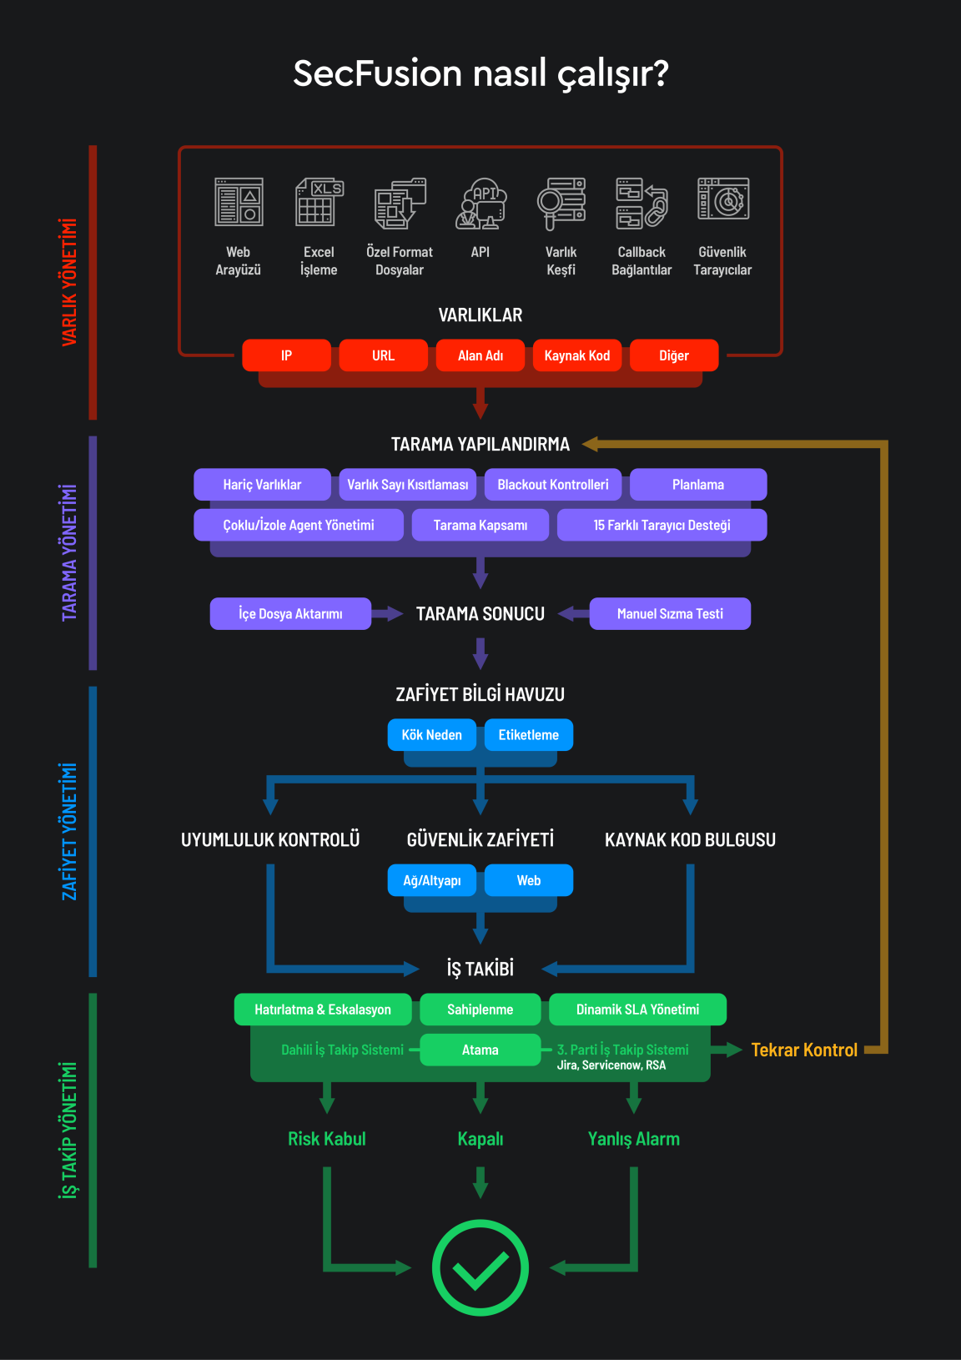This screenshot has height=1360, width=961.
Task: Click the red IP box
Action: (286, 355)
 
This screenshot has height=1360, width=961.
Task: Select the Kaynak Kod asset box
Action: (577, 355)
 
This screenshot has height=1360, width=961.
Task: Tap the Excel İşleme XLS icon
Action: (319, 202)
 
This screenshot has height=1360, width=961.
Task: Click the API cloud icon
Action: (480, 203)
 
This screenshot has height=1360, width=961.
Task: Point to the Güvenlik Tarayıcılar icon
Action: (722, 200)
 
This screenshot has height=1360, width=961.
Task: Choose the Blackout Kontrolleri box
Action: (553, 485)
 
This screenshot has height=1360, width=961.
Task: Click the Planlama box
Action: (698, 485)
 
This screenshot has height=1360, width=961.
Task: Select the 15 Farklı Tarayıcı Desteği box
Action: (662, 526)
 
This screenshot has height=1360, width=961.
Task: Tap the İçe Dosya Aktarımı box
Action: (290, 614)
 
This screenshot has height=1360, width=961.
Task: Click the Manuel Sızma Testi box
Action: (670, 614)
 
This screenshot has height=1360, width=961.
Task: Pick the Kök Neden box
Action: (431, 735)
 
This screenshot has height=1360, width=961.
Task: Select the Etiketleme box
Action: (529, 735)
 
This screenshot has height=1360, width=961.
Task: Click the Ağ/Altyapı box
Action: (431, 880)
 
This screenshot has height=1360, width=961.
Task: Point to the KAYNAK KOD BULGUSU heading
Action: (690, 840)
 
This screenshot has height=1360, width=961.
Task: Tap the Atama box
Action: (480, 1050)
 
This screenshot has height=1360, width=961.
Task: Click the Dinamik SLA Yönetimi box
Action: (637, 1010)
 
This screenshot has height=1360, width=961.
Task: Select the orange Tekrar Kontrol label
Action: (804, 1050)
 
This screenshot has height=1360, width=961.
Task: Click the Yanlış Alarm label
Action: (634, 1139)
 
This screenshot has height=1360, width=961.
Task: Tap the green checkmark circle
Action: (480, 1267)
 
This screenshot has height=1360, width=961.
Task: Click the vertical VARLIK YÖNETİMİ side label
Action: (69, 282)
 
